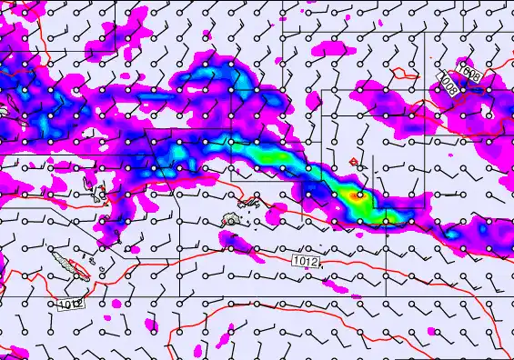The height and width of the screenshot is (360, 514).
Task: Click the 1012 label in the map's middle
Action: pos(307,262)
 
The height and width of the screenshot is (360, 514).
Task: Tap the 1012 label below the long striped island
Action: pos(70,303)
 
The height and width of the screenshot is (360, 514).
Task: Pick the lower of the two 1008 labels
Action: pos(448,84)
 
